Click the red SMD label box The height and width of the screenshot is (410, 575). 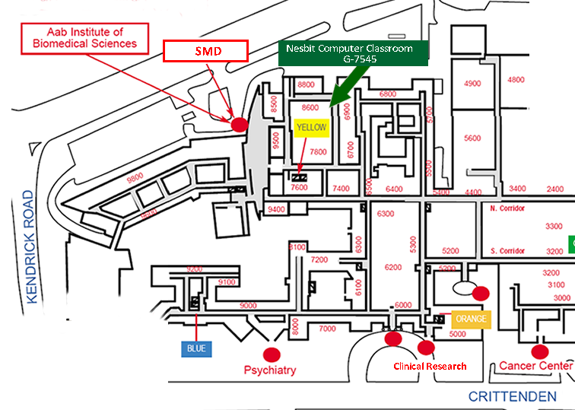click(x=206, y=52)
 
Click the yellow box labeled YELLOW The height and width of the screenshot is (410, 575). click(x=311, y=128)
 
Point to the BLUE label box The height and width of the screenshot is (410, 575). click(x=196, y=349)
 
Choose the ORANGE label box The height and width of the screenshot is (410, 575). click(x=470, y=319)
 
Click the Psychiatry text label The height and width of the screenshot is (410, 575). click(x=270, y=370)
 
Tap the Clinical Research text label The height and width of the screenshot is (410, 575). click(x=430, y=367)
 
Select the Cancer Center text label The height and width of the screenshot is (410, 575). click(x=535, y=366)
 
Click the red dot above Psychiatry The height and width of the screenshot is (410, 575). click(x=272, y=354)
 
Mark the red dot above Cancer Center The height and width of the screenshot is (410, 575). click(x=540, y=351)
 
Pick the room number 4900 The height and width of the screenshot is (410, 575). click(x=472, y=84)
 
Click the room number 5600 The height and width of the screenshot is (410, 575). click(x=472, y=138)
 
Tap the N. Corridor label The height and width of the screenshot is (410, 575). click(x=507, y=208)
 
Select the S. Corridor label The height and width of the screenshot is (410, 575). click(x=507, y=251)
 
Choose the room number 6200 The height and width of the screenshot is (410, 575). click(x=393, y=268)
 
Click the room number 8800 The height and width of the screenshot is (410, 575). click(x=307, y=84)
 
